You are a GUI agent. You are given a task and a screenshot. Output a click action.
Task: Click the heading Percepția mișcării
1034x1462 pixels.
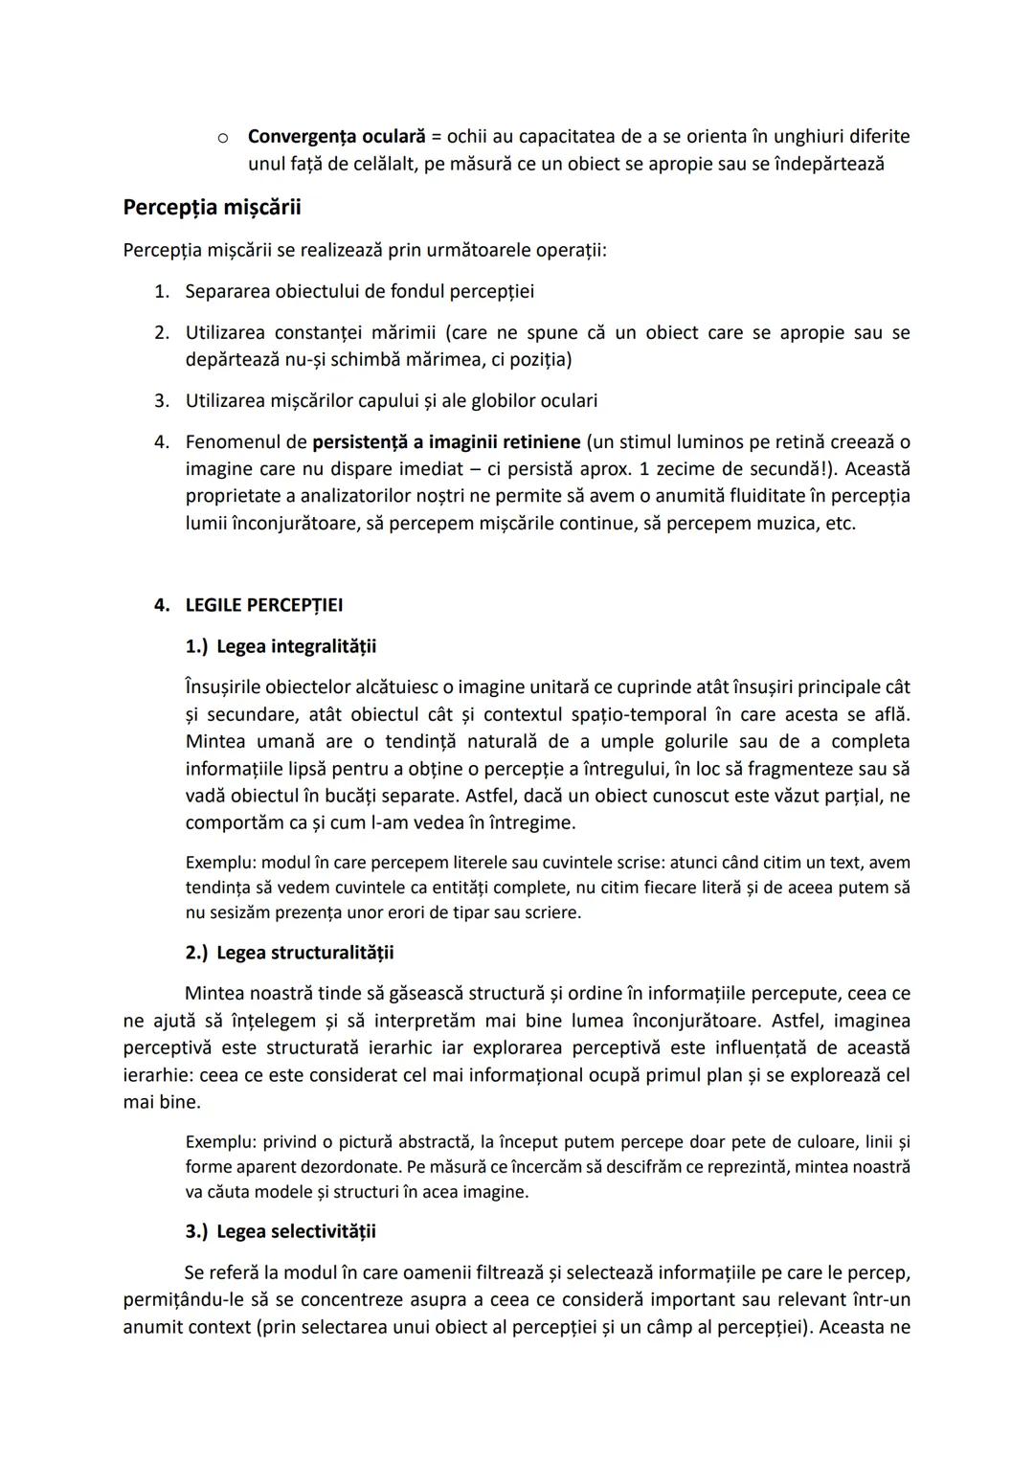212,207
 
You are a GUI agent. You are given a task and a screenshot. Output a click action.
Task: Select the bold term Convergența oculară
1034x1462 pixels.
336,137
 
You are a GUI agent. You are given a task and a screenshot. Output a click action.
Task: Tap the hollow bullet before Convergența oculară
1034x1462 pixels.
222,138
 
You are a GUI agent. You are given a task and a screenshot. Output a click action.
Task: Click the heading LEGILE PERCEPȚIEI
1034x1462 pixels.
264,605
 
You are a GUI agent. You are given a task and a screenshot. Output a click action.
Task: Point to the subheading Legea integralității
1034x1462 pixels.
297,646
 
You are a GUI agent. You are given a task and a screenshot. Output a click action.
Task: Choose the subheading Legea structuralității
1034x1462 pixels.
304,953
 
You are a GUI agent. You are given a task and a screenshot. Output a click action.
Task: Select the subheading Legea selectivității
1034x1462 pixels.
296,1231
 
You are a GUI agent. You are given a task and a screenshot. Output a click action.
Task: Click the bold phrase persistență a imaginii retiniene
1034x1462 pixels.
446,442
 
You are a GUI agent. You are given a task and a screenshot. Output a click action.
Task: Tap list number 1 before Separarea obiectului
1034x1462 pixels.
162,291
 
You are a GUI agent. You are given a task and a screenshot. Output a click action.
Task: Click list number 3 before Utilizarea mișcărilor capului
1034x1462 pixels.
162,401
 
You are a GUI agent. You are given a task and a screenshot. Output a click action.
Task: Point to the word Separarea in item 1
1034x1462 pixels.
227,291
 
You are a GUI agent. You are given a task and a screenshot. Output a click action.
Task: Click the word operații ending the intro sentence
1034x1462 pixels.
573,251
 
